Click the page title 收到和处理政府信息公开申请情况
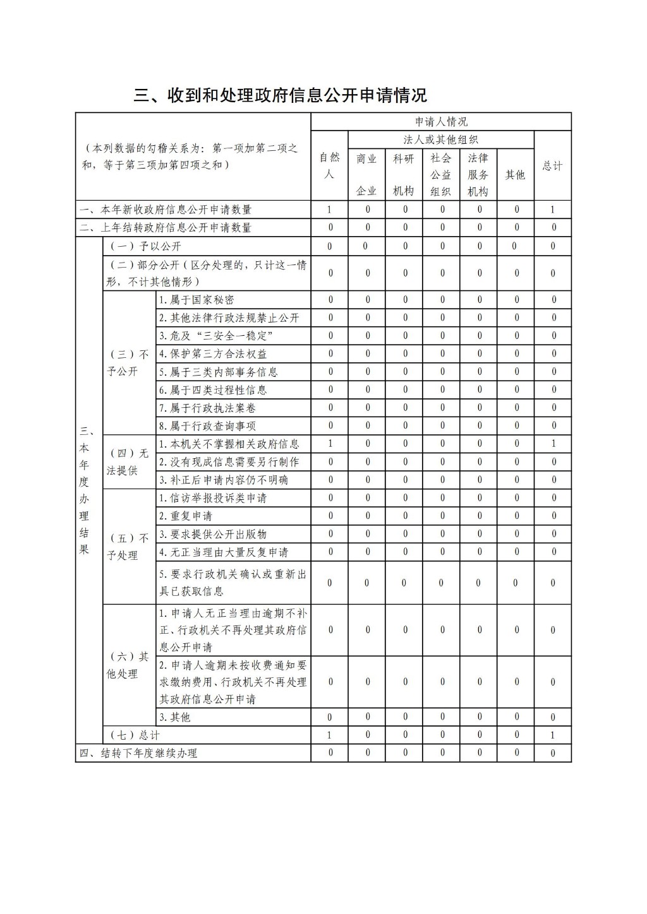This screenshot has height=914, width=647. click(281, 95)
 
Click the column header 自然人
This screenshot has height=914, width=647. click(329, 165)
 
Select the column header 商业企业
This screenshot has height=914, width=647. click(366, 174)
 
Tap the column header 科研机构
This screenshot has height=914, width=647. click(404, 174)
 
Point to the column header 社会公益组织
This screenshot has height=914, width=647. click(441, 175)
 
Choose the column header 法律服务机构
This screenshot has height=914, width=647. click(478, 175)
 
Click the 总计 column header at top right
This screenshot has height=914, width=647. click(552, 166)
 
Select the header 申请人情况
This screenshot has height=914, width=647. click(441, 122)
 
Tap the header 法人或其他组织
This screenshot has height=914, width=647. click(441, 140)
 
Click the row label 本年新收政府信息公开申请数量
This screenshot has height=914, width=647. click(166, 210)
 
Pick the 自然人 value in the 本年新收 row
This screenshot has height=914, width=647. click(329, 210)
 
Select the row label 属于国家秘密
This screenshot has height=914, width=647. click(197, 300)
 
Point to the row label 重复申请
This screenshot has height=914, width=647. click(186, 516)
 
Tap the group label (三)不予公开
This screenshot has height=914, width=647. click(128, 363)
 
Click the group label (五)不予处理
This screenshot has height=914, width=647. click(128, 547)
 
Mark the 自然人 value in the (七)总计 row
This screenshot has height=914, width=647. click(329, 735)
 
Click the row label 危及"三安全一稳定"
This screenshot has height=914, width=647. click(215, 336)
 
